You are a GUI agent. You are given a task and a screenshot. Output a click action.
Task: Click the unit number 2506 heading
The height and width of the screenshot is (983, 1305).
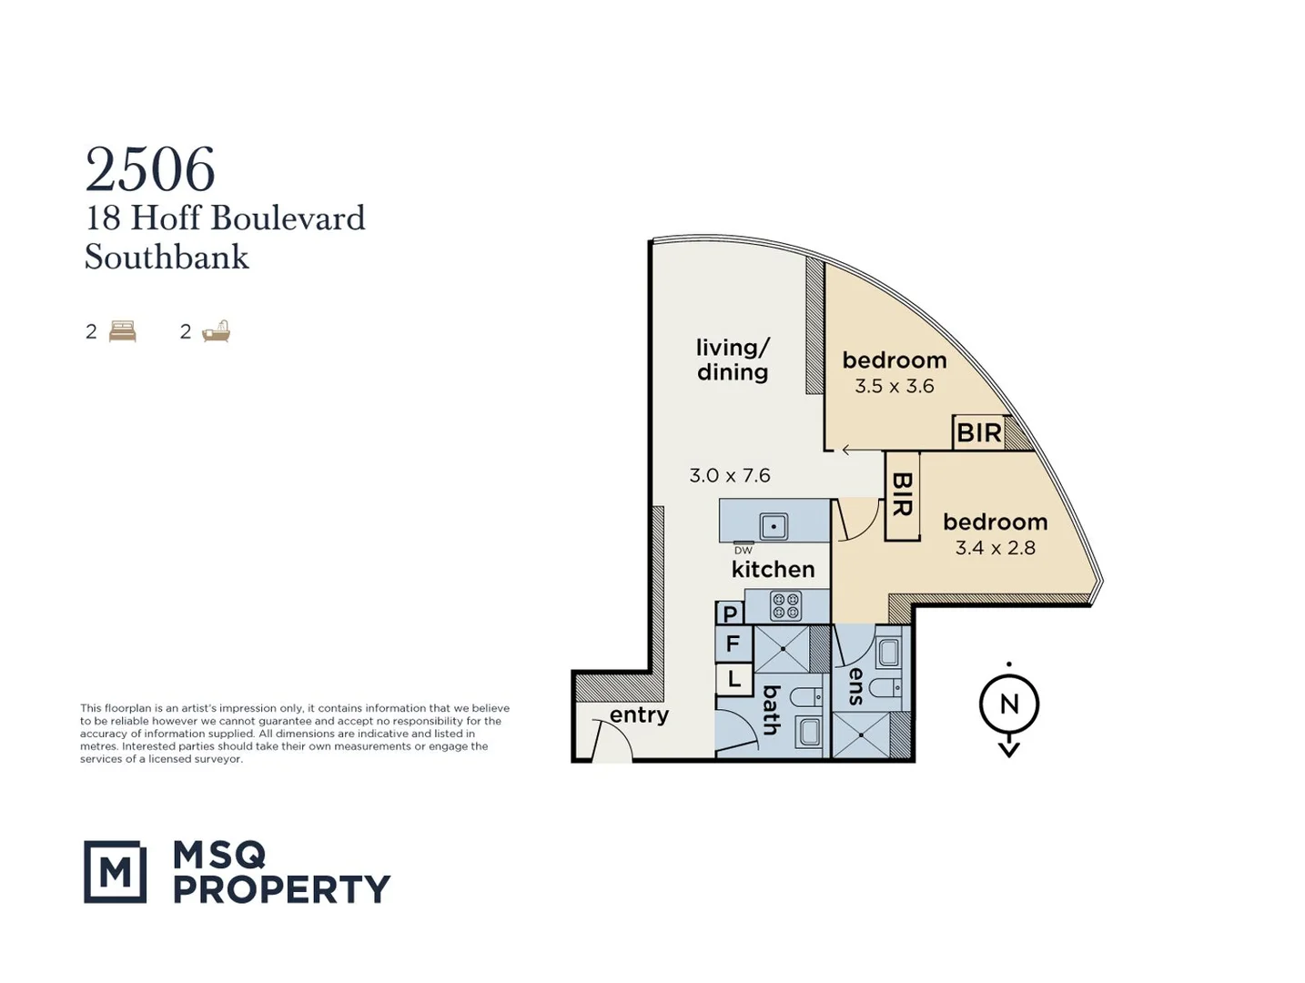coord(150,170)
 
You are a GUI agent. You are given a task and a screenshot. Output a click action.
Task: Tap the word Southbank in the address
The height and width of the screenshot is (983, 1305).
coord(167,258)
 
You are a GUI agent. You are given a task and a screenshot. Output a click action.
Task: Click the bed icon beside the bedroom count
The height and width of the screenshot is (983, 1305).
coord(122,331)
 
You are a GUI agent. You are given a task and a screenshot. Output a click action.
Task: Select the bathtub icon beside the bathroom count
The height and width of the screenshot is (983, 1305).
coord(217,331)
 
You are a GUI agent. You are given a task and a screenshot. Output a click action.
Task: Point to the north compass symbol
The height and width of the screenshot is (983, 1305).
coord(1008,705)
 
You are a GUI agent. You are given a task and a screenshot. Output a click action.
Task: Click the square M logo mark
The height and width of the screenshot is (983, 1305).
coord(115,871)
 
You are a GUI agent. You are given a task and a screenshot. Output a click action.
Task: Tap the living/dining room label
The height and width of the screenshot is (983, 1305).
coord(733,360)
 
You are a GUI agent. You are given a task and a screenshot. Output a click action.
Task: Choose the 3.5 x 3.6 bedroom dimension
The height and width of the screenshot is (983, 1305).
coord(894,386)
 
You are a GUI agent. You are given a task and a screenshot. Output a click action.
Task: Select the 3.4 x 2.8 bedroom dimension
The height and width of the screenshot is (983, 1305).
coord(995,548)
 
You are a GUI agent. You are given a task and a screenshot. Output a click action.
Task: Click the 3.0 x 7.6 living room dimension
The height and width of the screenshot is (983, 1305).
coord(730,475)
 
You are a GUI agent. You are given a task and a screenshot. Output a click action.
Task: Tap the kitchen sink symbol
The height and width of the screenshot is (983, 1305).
coord(774,525)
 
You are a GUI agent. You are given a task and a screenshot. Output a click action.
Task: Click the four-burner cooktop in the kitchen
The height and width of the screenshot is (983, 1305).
coord(785,606)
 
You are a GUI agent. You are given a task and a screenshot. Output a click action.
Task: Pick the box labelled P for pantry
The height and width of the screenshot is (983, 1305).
coord(730,613)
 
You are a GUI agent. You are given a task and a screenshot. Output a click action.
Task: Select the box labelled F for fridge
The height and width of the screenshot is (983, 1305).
coord(733,645)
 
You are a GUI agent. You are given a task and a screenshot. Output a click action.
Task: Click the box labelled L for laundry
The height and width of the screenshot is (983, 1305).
coord(733,679)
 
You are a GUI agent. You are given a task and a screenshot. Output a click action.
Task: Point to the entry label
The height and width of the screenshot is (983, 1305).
coord(639,715)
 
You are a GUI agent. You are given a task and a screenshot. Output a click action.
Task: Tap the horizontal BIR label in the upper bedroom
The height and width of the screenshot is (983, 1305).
coord(979,432)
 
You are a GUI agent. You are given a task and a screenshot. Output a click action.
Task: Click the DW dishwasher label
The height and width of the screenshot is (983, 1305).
coord(744,550)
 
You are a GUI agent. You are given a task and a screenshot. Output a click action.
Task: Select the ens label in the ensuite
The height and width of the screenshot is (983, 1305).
coord(855,686)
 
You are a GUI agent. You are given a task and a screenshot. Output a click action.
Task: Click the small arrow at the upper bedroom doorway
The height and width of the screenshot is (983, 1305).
coord(847,450)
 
